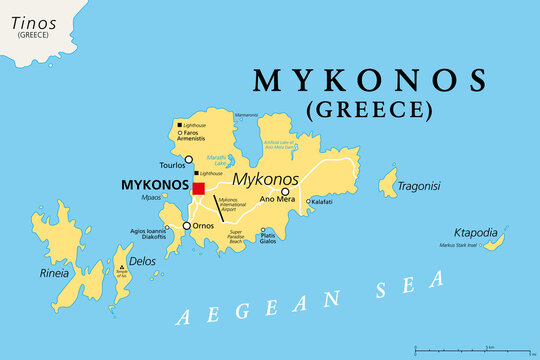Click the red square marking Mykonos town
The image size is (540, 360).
coord(199,188)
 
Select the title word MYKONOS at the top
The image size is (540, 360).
coord(371,79)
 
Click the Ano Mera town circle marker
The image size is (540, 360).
coord(285,192)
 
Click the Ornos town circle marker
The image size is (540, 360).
coord(187,226)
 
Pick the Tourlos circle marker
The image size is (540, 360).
coord(188,158)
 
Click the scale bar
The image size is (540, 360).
coord(471,350)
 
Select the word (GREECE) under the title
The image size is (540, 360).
coord(371,109)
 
